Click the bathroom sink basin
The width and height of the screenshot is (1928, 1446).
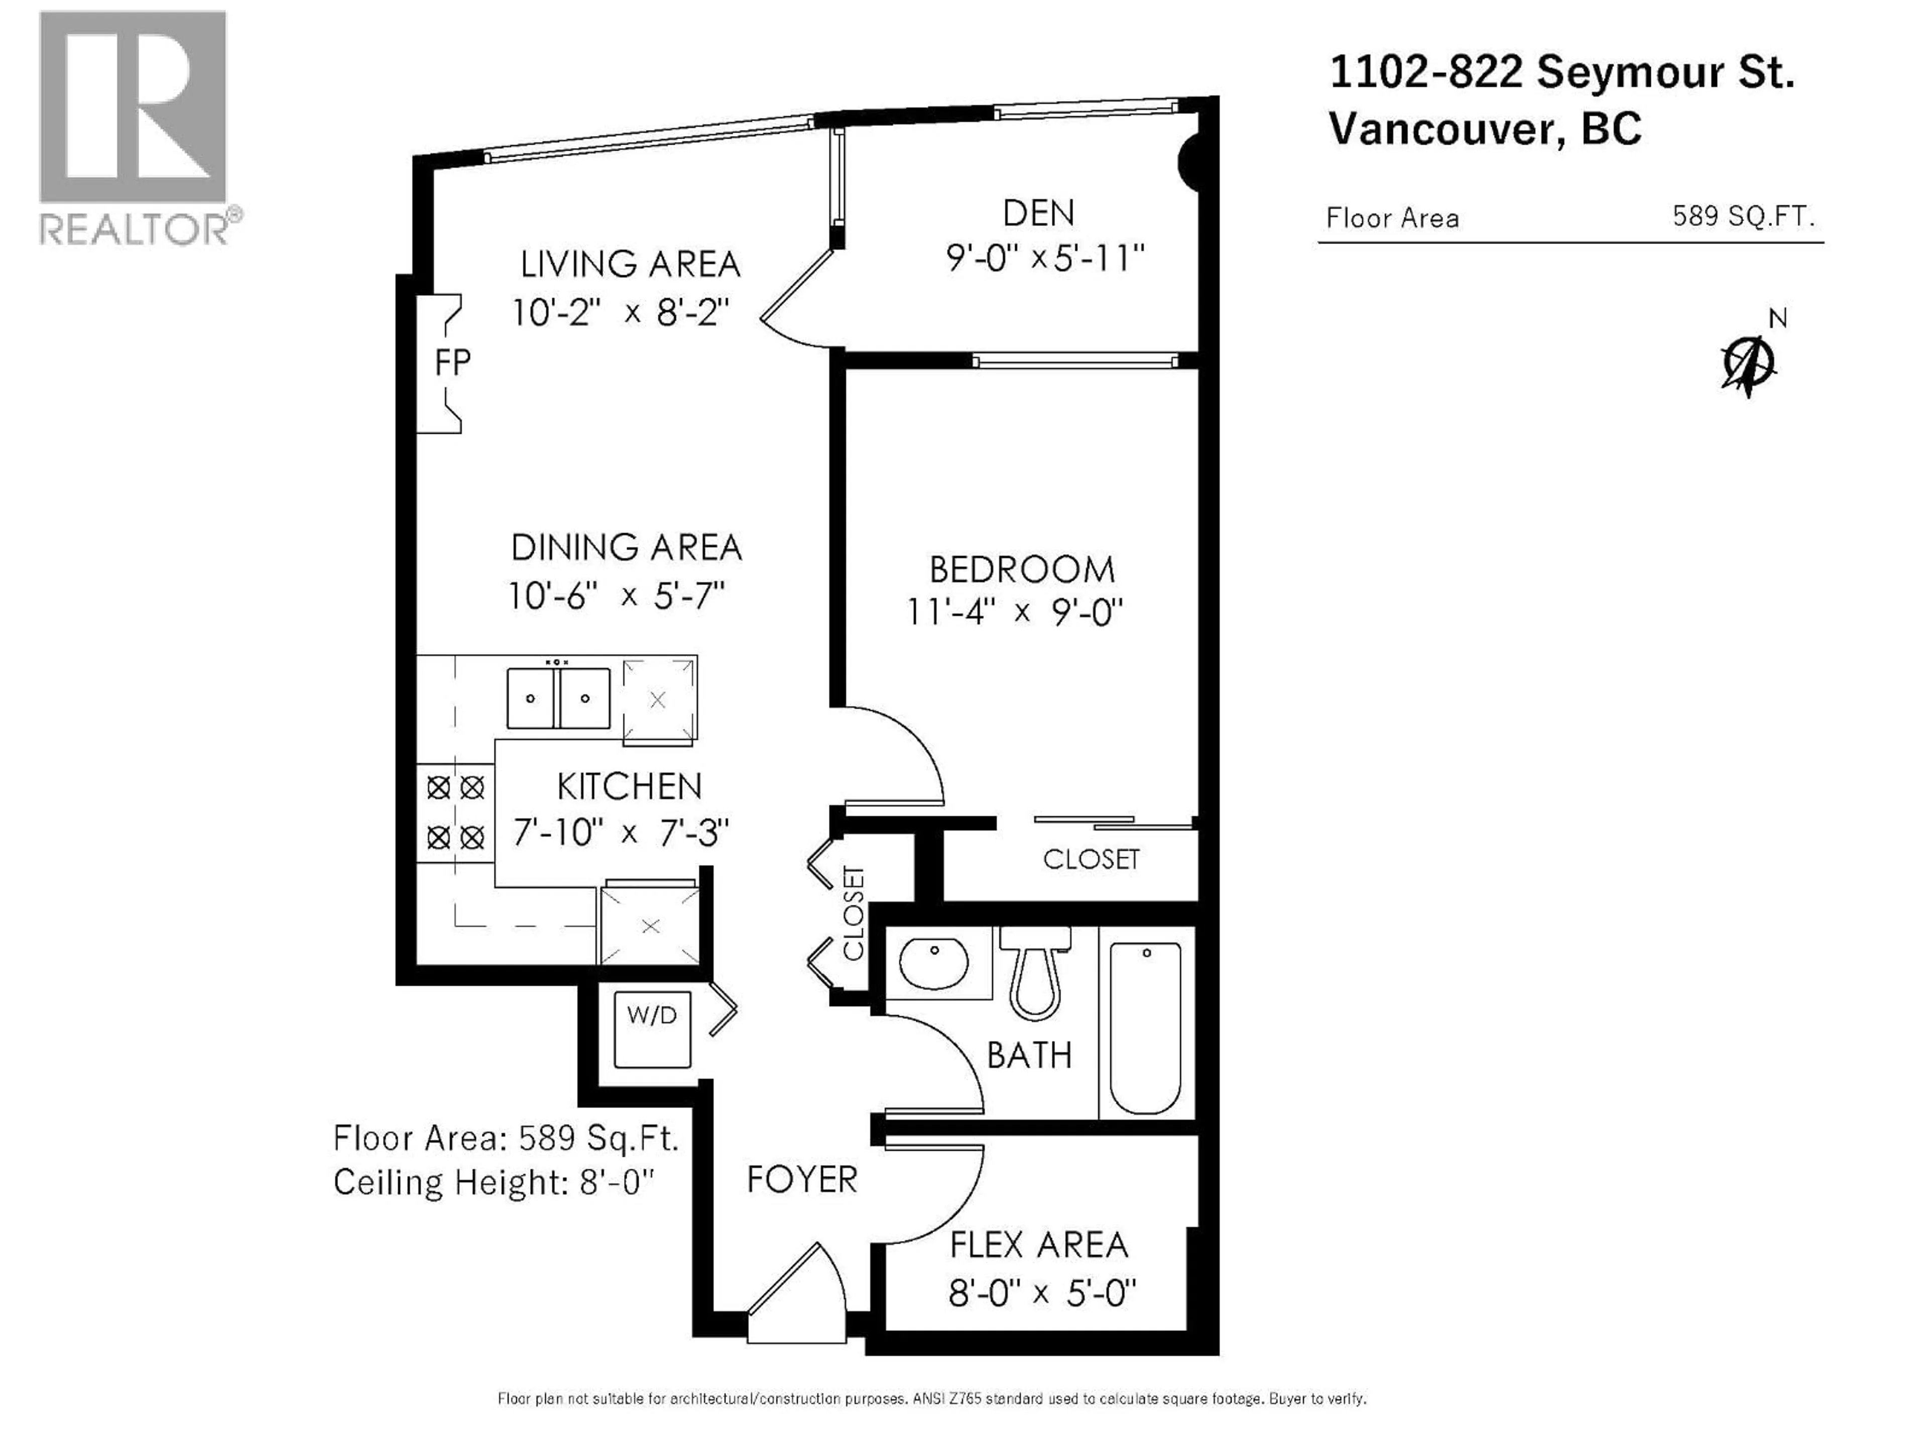point(933,963)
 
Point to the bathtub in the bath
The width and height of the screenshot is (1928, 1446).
point(1145,1028)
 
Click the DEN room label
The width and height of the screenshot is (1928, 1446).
point(1038,213)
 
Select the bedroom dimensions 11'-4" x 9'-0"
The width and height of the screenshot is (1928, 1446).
point(1015,613)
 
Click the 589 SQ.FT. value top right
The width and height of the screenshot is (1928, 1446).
point(1742,216)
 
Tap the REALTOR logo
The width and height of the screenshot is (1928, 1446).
point(135,131)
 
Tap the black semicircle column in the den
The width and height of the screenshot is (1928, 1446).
point(1190,161)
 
